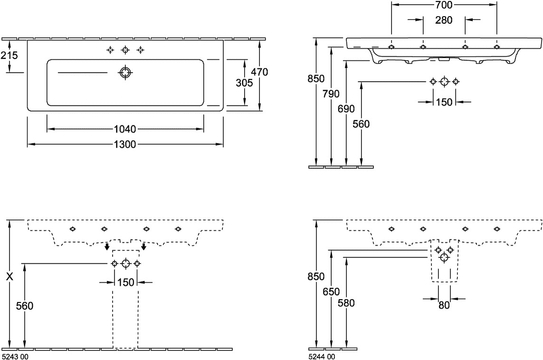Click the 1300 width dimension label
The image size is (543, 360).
pyautogui.click(x=125, y=144)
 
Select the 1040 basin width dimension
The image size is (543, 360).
pyautogui.click(x=125, y=129)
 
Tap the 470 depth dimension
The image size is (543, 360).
pyautogui.click(x=259, y=72)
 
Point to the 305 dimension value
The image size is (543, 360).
pyautogui.click(x=244, y=82)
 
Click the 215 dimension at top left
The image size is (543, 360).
pyautogui.click(x=9, y=56)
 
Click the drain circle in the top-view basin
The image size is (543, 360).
pyautogui.click(x=125, y=72)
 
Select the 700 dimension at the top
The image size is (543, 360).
pyautogui.click(x=444, y=5)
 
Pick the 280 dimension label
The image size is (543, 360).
pyautogui.click(x=444, y=20)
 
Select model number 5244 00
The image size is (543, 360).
pyautogui.click(x=322, y=356)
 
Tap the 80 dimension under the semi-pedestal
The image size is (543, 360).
pyautogui.click(x=444, y=305)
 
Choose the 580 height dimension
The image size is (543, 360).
pyautogui.click(x=347, y=303)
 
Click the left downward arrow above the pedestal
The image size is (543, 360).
pyautogui.click(x=107, y=246)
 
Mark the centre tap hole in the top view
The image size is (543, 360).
pyautogui.click(x=125, y=50)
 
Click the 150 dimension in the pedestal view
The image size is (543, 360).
pyautogui.click(x=125, y=283)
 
